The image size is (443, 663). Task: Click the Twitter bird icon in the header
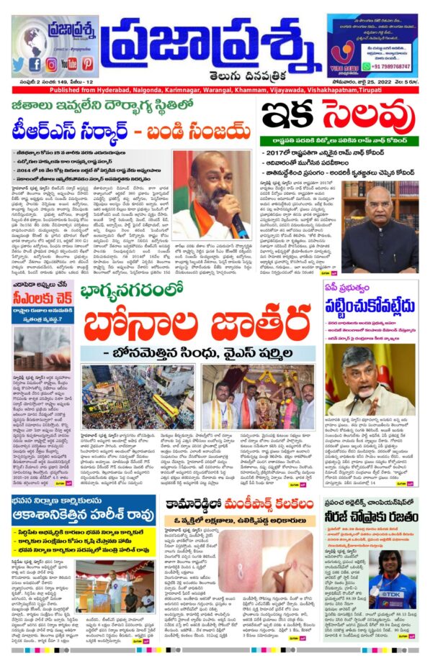coord(19,63)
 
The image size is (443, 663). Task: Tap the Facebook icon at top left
coord(35,63)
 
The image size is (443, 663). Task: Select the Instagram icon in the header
coord(52,63)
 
